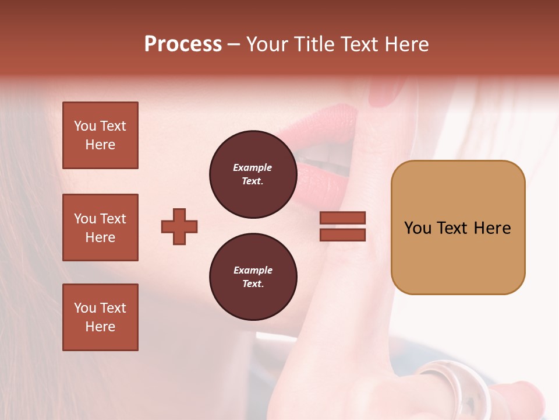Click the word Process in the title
(183, 44)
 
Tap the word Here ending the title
(406, 44)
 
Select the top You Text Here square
(100, 135)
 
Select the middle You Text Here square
(100, 228)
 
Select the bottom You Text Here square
(100, 317)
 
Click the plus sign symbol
(179, 226)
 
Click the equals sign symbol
(343, 226)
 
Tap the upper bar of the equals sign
(343, 218)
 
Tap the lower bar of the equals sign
(343, 235)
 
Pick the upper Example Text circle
(253, 174)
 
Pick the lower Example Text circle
(253, 277)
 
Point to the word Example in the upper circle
(253, 167)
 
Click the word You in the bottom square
(85, 308)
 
